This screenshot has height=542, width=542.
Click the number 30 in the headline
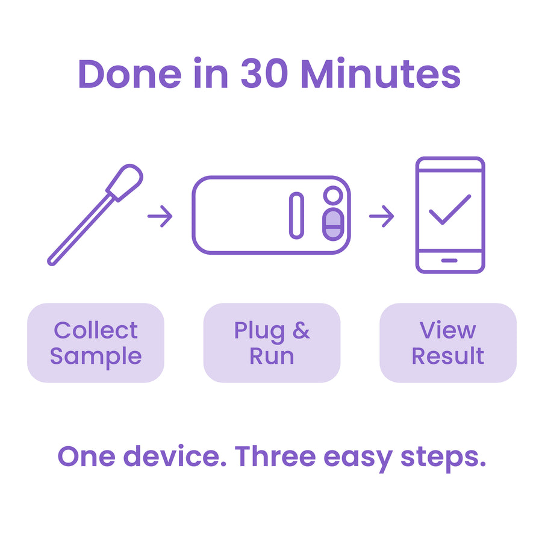tap(264, 73)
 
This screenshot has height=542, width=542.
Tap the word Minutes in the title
tap(381, 73)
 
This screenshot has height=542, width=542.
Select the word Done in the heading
tap(129, 74)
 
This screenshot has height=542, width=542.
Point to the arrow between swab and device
tap(160, 216)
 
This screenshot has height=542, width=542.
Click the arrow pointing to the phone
tap(382, 216)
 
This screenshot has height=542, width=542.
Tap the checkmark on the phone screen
tap(450, 210)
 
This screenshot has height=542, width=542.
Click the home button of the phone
tap(449, 261)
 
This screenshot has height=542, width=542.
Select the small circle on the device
tap(333, 195)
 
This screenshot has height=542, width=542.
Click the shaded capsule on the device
tap(333, 225)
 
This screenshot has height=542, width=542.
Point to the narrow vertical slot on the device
tap(296, 216)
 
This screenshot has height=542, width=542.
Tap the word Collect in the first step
tap(96, 330)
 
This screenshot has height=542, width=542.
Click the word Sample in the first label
tap(96, 357)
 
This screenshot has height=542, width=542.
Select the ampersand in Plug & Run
tap(301, 330)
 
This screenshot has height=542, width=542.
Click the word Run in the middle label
tap(272, 356)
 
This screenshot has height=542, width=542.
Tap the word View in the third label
tap(448, 330)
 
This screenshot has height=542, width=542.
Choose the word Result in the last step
tap(448, 356)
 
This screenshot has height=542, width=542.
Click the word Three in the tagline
tap(275, 456)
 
